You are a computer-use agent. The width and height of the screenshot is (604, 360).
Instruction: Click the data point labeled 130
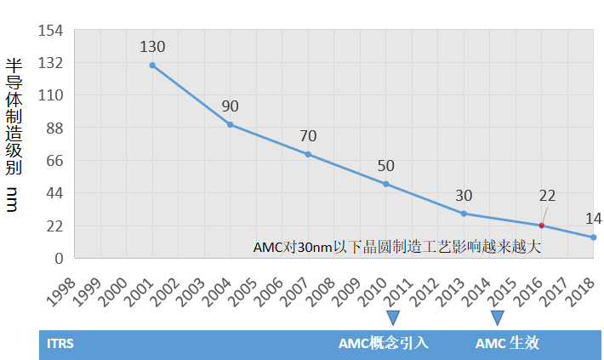pyautogui.click(x=152, y=66)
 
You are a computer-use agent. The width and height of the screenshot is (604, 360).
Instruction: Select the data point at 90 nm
pyautogui.click(x=230, y=124)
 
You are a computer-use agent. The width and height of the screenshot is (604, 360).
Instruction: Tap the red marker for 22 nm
pyautogui.click(x=541, y=226)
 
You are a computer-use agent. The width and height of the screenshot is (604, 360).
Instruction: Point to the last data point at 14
pyautogui.click(x=593, y=237)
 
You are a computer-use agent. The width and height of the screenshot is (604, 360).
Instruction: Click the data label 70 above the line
pyautogui.click(x=308, y=135)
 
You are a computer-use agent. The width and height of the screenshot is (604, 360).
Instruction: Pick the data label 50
pyautogui.click(x=385, y=166)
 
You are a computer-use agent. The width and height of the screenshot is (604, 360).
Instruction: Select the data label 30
pyautogui.click(x=464, y=195)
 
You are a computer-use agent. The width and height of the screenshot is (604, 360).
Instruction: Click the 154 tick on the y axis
pyautogui.click(x=51, y=31)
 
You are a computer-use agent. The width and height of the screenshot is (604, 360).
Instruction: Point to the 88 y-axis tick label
pyautogui.click(x=54, y=128)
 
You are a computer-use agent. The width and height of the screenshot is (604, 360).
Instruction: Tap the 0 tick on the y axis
pyautogui.click(x=60, y=258)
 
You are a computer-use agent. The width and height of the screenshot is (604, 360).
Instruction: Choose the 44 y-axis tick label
pyautogui.click(x=54, y=193)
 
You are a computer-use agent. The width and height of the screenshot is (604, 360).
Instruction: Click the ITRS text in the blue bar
pyautogui.click(x=60, y=344)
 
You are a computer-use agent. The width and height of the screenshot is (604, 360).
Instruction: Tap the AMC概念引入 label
pyautogui.click(x=383, y=344)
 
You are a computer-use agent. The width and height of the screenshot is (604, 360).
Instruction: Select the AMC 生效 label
pyautogui.click(x=507, y=344)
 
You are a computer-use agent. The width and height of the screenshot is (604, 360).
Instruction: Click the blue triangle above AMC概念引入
pyautogui.click(x=392, y=318)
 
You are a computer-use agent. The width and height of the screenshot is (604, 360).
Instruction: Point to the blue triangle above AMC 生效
pyautogui.click(x=498, y=318)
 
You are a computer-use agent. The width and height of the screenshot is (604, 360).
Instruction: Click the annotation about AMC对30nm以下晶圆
pyautogui.click(x=397, y=247)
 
